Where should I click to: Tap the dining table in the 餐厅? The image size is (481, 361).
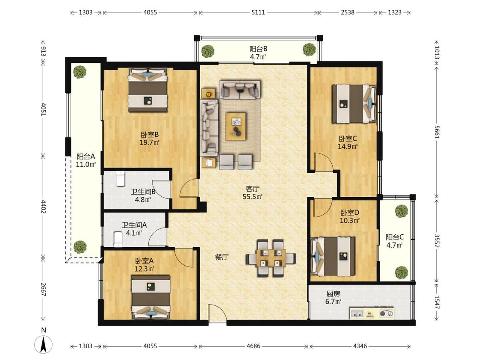271,258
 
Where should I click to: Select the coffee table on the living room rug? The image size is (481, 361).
236,127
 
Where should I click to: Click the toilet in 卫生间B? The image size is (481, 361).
121,179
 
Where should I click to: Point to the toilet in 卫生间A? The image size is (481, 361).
118,239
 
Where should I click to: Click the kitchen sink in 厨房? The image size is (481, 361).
357,314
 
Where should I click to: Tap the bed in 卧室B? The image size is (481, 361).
148,90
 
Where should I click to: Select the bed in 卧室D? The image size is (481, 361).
333,256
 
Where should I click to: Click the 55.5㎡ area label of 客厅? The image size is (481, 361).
252,197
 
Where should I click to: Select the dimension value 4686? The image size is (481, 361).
253,346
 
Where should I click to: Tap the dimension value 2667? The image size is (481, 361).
43,290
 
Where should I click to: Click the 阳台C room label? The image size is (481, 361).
395,237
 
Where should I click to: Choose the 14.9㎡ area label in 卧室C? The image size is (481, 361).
348,146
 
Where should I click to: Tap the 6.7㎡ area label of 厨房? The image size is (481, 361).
333,302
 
